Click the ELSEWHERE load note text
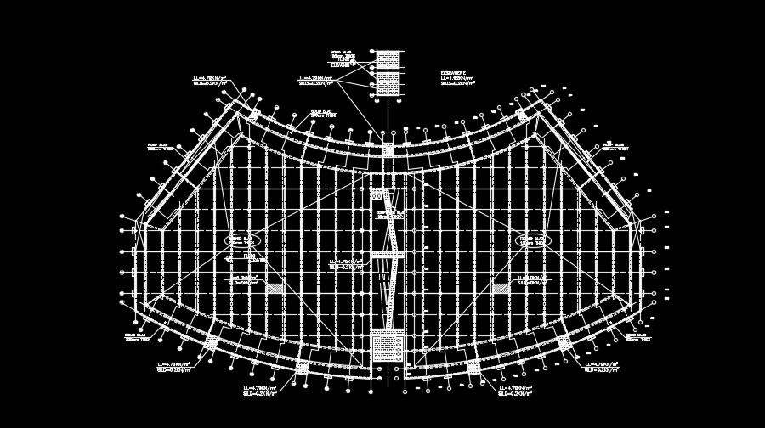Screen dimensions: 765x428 point(457,79)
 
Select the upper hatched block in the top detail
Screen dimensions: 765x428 point(388,59)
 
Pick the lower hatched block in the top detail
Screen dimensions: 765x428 point(388,83)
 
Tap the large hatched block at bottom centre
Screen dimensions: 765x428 point(387,347)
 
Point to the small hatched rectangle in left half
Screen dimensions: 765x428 point(274,288)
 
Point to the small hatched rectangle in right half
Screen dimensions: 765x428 point(501,288)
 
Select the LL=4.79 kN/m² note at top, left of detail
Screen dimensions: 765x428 point(315,81)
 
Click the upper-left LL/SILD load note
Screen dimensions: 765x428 point(211,82)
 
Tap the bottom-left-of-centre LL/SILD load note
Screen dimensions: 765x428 point(260,391)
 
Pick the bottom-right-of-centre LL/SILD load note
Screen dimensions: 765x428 point(515,391)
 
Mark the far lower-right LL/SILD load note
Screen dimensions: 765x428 point(602,367)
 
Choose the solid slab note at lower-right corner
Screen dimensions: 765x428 point(637,337)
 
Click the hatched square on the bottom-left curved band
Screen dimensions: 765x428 point(211,342)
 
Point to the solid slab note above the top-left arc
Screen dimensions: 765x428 point(321,113)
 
